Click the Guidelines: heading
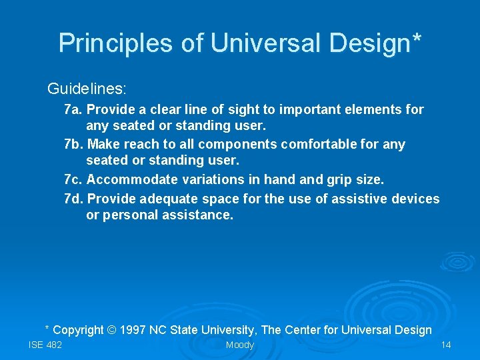(87, 89)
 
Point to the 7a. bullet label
(73, 109)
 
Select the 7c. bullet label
(73, 180)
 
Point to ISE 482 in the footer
(45, 345)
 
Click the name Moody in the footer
(240, 345)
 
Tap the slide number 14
(446, 345)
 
